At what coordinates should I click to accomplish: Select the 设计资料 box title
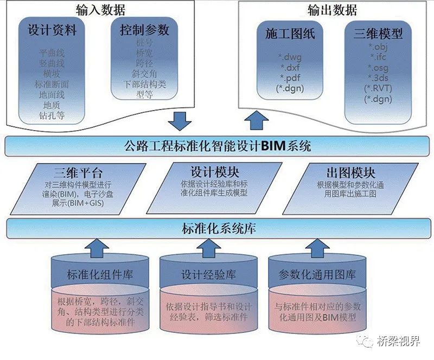[53, 31]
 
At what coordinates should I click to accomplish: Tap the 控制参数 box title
[144, 30]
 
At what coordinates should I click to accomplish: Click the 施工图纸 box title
[290, 34]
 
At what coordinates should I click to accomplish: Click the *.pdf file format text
[290, 78]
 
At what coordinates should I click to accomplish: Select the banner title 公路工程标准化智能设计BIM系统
[217, 145]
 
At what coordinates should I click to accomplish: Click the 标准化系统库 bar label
[217, 228]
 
